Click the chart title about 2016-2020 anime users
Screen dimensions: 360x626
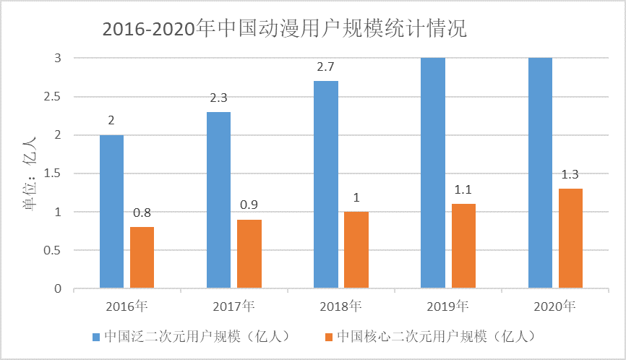(x=285, y=30)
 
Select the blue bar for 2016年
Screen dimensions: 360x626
(x=111, y=212)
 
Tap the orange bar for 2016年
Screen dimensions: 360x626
(x=142, y=258)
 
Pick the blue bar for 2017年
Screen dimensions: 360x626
(x=218, y=200)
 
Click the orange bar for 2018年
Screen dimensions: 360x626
(x=356, y=250)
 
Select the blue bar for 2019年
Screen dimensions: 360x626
(x=432, y=173)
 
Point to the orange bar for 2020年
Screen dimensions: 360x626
(x=570, y=239)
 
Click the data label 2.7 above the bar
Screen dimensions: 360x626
(x=325, y=67)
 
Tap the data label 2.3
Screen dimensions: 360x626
(x=218, y=98)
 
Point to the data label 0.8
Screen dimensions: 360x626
(x=142, y=213)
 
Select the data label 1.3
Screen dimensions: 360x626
(x=570, y=174)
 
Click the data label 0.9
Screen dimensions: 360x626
(x=249, y=205)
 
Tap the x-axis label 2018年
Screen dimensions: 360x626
(x=340, y=306)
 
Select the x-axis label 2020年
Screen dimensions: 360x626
(x=554, y=306)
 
